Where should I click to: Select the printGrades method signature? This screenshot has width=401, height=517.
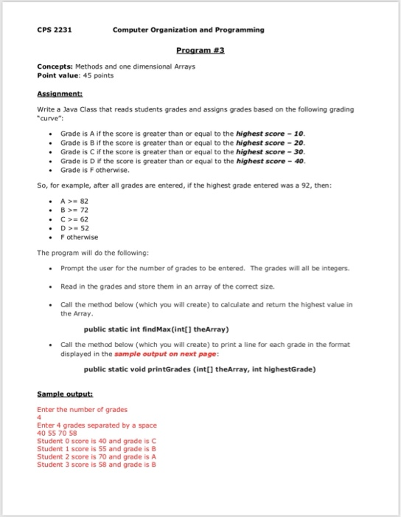tap(200, 369)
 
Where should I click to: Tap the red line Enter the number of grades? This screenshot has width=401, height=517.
tap(82, 409)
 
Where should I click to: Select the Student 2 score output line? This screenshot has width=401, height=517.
tap(97, 457)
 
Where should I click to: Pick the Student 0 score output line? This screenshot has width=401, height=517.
tap(97, 441)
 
